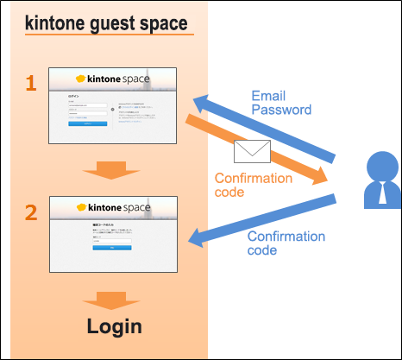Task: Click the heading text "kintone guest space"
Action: pyautogui.click(x=106, y=23)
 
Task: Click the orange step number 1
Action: pyautogui.click(x=30, y=84)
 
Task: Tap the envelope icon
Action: pyautogui.click(x=253, y=153)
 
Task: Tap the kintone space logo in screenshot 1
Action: pyautogui.click(x=113, y=79)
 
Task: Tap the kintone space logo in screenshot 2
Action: pyautogui.click(x=113, y=208)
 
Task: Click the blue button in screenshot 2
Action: pyautogui.click(x=112, y=247)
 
